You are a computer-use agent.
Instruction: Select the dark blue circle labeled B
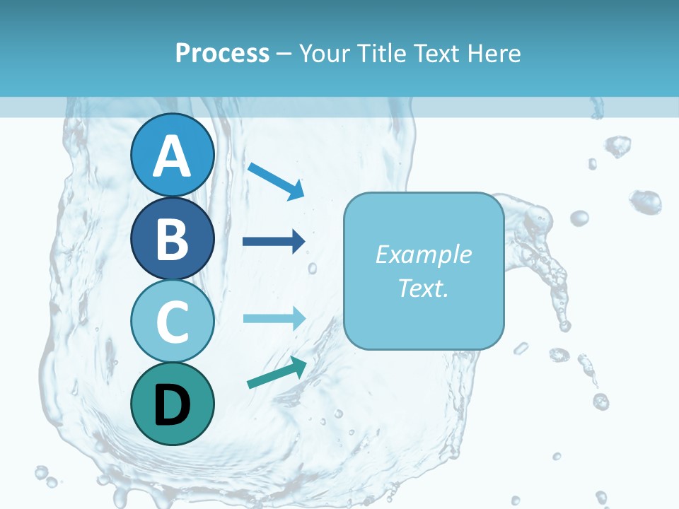[172, 238]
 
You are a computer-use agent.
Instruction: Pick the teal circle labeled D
[172, 404]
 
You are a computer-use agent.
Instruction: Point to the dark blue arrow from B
[274, 242]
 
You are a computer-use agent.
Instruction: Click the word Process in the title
[222, 54]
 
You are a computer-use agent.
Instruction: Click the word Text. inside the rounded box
[423, 288]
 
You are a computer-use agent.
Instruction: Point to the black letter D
[172, 405]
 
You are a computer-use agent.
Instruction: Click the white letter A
[172, 157]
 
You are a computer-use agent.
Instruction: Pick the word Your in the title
[323, 54]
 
